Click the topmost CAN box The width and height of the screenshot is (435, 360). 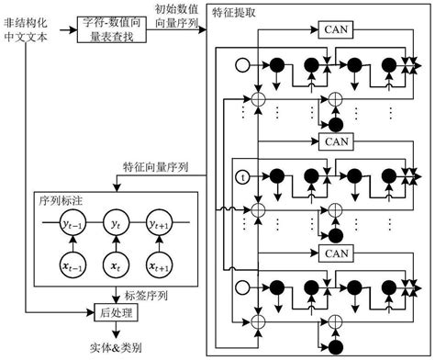[x=333, y=31]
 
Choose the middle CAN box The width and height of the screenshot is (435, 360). [x=333, y=142]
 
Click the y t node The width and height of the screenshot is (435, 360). [x=114, y=222]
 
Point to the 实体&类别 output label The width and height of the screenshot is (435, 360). [x=113, y=347]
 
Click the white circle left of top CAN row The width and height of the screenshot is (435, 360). [x=242, y=66]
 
